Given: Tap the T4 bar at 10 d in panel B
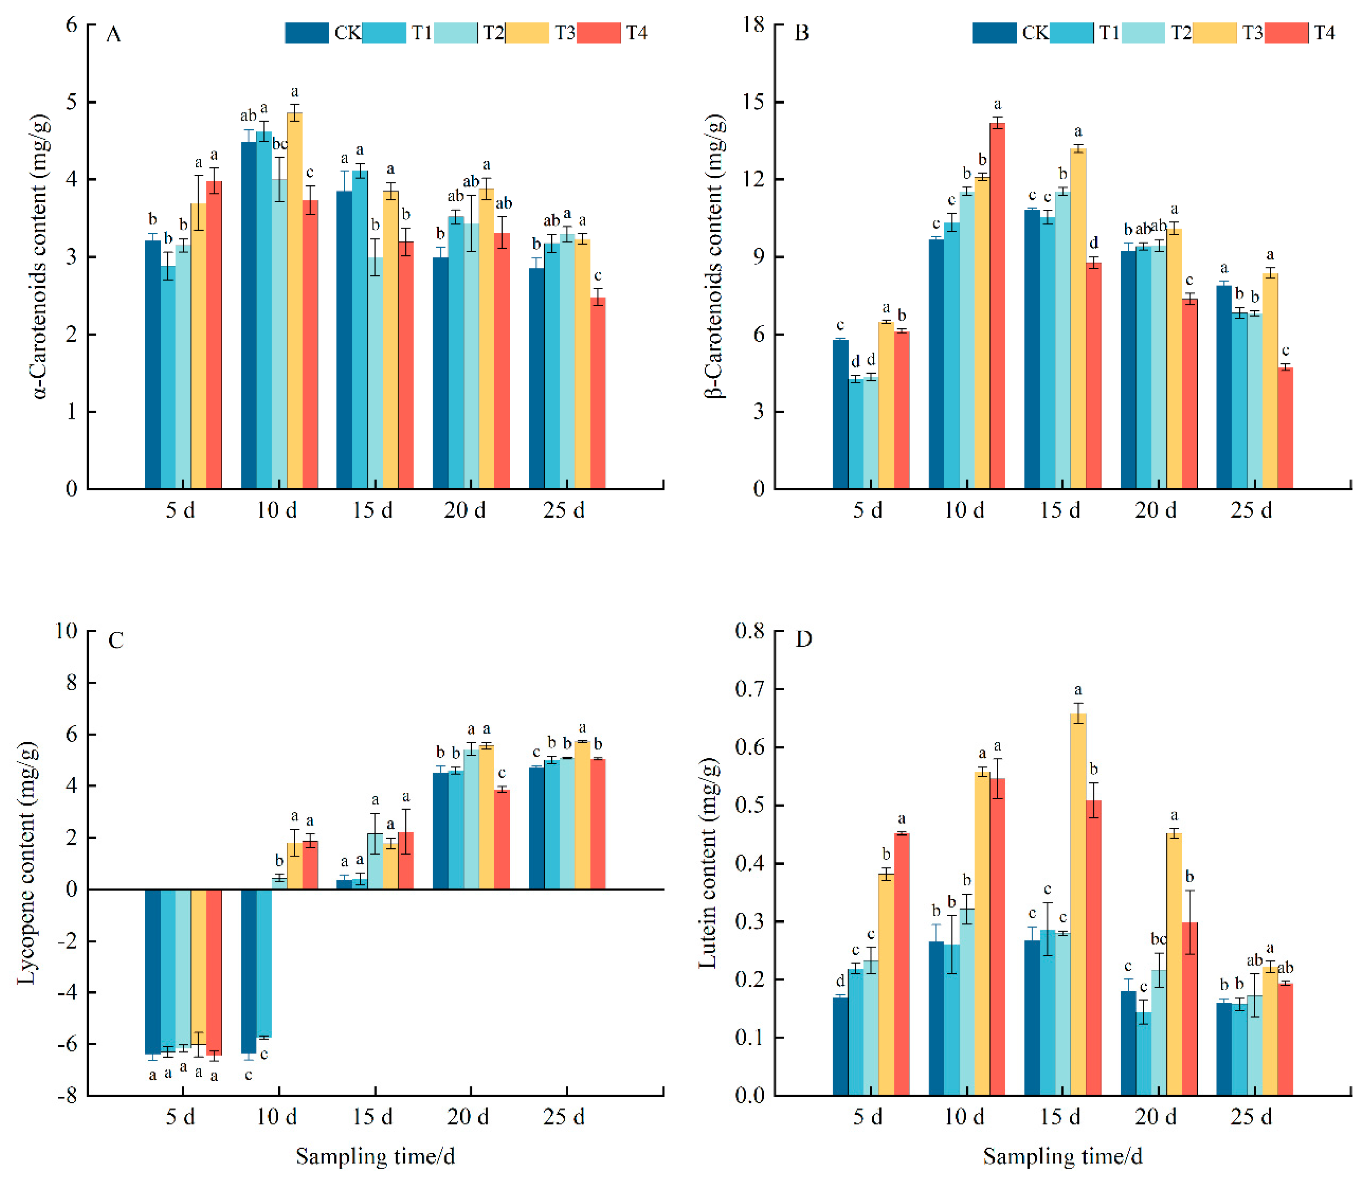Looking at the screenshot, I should [x=997, y=306].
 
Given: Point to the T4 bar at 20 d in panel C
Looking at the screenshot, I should [x=502, y=839].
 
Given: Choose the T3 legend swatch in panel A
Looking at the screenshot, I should [x=526, y=33].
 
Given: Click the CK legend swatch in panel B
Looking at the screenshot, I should [x=994, y=33].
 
